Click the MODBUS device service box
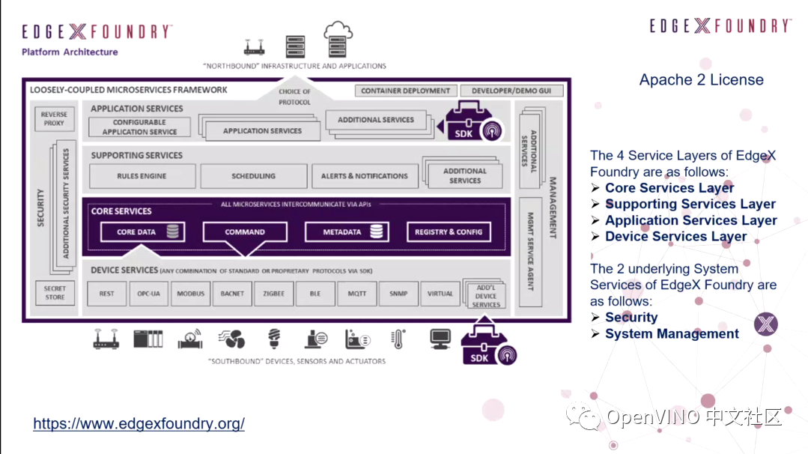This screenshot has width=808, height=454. (x=191, y=294)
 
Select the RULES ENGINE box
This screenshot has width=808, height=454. (x=142, y=176)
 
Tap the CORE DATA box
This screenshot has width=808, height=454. (x=143, y=232)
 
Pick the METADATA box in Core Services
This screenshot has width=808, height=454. (x=346, y=232)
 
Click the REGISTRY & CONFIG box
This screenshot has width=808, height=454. (x=449, y=232)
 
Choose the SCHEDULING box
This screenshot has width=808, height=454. (x=254, y=176)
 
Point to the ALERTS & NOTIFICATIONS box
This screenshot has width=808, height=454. (x=365, y=176)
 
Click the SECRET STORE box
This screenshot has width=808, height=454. (x=55, y=293)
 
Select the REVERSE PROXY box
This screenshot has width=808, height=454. (x=54, y=119)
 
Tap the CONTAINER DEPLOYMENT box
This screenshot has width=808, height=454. (x=405, y=91)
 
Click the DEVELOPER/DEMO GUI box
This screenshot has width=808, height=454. (x=511, y=91)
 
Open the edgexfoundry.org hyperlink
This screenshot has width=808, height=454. (x=139, y=423)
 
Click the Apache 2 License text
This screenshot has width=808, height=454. (x=701, y=80)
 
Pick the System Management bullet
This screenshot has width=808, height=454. (x=672, y=333)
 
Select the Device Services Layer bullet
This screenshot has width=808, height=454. (x=675, y=236)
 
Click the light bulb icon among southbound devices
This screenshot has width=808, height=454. (x=274, y=339)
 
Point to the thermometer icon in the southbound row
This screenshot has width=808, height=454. (x=398, y=339)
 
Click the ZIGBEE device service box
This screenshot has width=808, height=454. (x=274, y=294)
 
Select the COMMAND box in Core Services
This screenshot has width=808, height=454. (x=245, y=232)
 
